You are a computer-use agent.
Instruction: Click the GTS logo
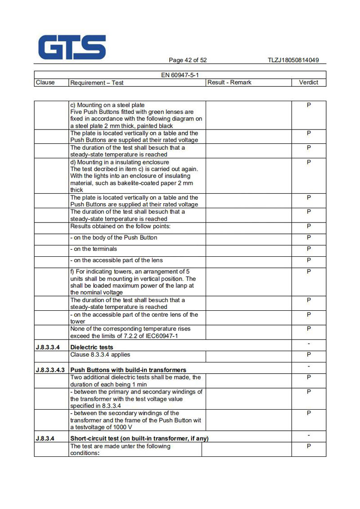(72, 47)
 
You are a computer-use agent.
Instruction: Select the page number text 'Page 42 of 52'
(188, 60)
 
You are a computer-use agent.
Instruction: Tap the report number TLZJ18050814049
(293, 60)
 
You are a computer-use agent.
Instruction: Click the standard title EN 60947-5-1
(180, 75)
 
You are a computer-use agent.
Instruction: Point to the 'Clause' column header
(45, 82)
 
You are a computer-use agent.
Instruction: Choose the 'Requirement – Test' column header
(97, 83)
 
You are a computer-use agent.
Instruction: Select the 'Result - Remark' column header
(229, 82)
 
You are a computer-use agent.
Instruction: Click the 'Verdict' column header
(309, 82)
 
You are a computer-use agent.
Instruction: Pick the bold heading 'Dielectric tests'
(92, 347)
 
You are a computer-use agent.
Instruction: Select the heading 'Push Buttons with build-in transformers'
(128, 370)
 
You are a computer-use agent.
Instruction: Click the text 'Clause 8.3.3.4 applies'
(100, 355)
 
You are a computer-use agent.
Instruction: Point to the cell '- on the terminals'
(94, 249)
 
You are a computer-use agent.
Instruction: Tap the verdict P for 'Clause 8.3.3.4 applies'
(309, 355)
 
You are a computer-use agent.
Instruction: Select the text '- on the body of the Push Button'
(114, 238)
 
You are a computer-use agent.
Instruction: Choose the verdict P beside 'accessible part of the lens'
(309, 260)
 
